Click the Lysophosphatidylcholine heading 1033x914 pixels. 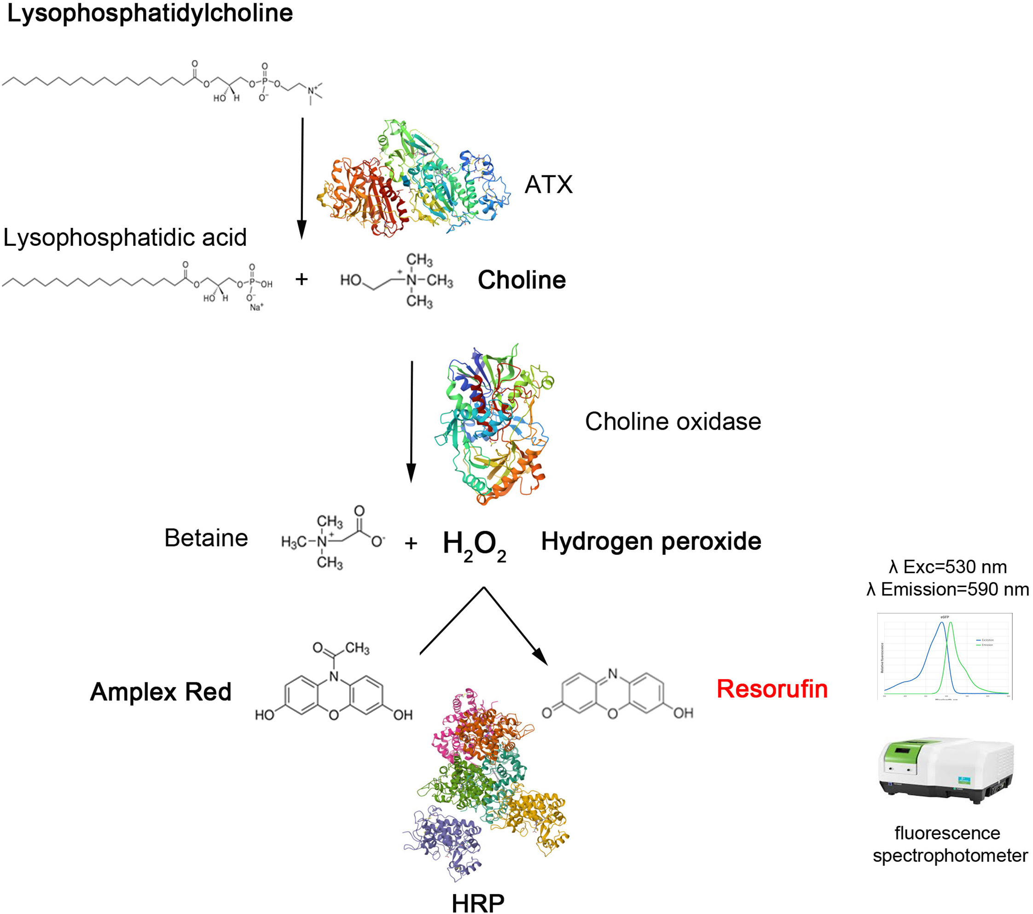coord(150,13)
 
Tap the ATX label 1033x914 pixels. coord(548,185)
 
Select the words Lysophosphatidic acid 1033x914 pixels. coord(125,238)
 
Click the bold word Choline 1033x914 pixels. coord(522,280)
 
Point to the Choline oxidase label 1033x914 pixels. coord(673,421)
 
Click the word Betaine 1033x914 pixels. coord(206,538)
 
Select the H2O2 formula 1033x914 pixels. coord(474,545)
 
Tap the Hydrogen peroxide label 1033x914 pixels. coord(651,541)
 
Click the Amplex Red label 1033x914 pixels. coord(161,692)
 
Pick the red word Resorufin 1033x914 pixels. coord(772,689)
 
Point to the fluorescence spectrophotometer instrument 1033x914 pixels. coord(946,769)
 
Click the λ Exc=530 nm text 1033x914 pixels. coord(947,567)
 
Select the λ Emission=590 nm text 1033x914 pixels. coord(947,589)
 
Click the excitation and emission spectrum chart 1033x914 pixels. coord(945,656)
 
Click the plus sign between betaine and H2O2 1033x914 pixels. coord(411,543)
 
